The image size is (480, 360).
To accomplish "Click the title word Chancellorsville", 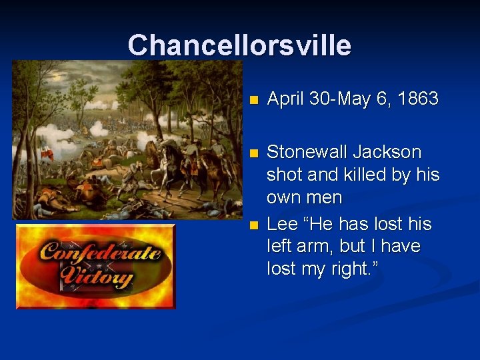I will [x=239, y=45].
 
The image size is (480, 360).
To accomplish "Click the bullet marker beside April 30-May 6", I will [x=251, y=101].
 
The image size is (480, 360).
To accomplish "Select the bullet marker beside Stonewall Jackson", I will [x=251, y=153].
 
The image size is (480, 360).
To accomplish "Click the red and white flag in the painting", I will [x=46, y=153].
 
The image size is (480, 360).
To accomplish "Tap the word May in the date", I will [x=356, y=99].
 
